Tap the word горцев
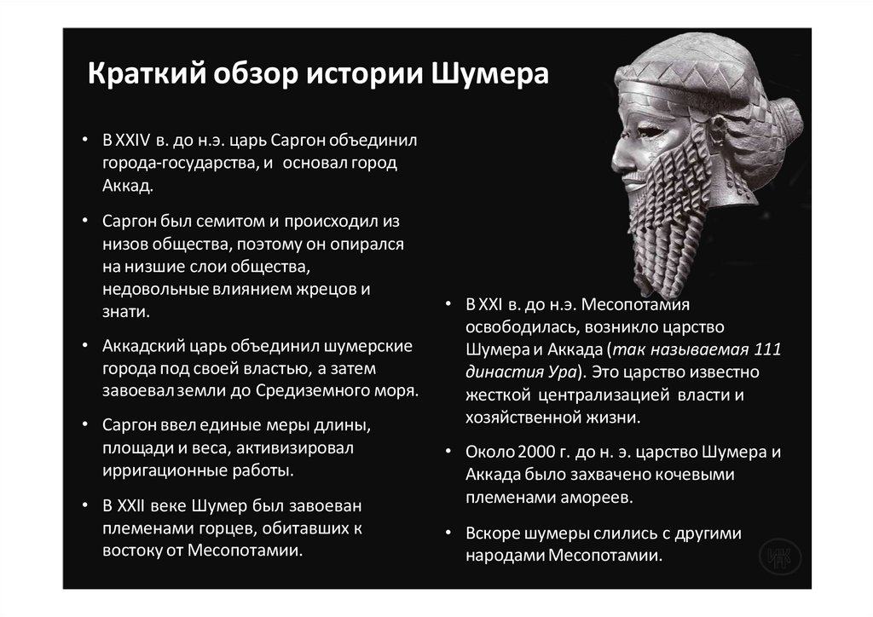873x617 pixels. click(217, 528)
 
